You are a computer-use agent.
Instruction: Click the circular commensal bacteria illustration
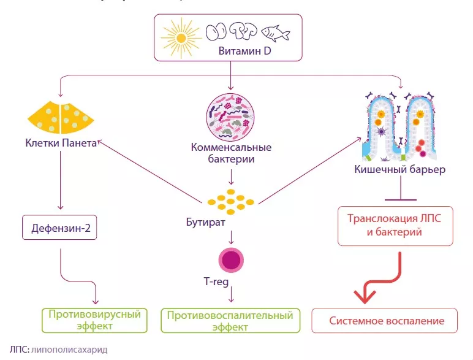click(231, 115)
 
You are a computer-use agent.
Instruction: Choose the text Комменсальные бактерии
click(231, 153)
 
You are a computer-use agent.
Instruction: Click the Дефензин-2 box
click(60, 229)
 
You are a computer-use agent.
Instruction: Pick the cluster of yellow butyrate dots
click(231, 199)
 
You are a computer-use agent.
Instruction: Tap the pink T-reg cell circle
click(231, 258)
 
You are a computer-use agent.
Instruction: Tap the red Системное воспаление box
click(385, 320)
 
